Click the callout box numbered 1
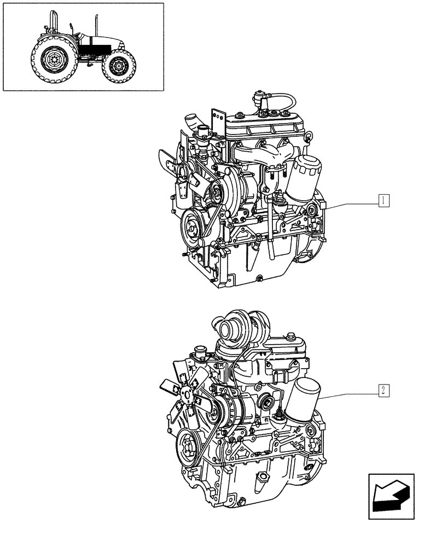(385, 201)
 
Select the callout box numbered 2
(385, 390)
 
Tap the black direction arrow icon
(389, 494)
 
